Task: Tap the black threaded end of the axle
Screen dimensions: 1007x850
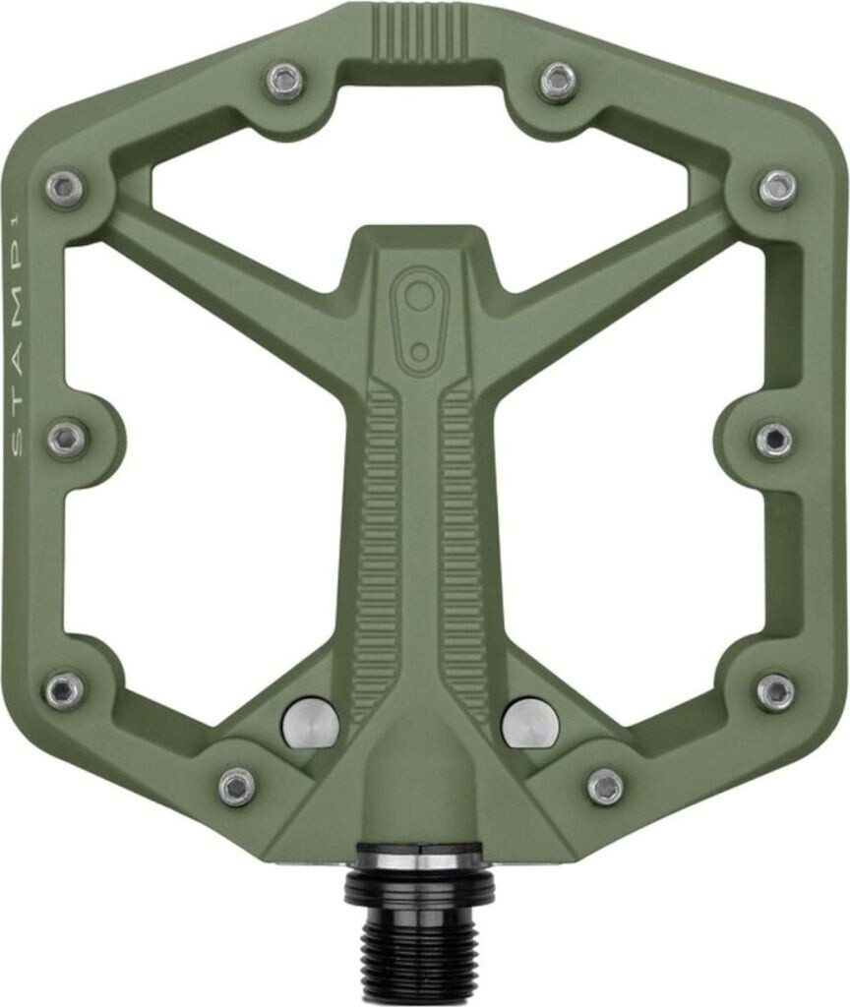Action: pos(419,944)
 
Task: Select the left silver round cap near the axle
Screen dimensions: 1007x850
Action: pos(310,723)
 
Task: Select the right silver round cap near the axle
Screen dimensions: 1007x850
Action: pos(530,723)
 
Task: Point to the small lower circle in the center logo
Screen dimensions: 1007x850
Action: pos(420,352)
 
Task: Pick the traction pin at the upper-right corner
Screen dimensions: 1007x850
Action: pos(777,188)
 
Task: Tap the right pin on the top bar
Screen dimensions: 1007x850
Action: pos(559,81)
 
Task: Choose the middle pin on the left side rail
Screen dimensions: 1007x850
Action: pos(67,439)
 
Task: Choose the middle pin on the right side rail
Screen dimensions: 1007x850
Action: pos(774,440)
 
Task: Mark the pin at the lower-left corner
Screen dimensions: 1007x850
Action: pos(65,690)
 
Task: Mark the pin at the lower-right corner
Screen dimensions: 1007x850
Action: pos(775,691)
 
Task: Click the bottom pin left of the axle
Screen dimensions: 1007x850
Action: pos(237,786)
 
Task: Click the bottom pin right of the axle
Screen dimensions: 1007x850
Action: pos(605,786)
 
